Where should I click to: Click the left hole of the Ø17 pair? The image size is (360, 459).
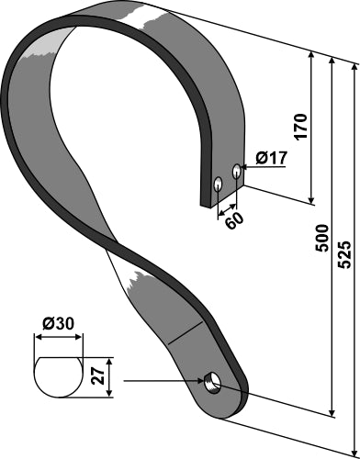(x=218, y=183)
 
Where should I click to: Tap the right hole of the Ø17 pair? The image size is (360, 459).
(x=236, y=170)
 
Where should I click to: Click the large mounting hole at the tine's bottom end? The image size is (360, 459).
(x=213, y=380)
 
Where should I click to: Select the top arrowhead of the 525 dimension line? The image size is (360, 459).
(x=355, y=64)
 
